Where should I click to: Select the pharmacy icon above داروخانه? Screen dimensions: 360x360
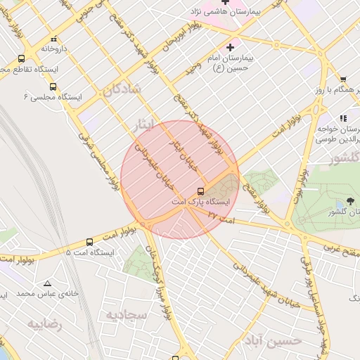[x=55, y=39]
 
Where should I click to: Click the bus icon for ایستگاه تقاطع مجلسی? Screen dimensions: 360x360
[x=21, y=60]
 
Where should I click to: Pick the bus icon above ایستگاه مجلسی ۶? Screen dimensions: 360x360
[x=53, y=87]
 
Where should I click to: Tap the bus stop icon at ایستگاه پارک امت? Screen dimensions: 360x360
[x=201, y=191]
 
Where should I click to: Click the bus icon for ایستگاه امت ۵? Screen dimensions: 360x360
[x=89, y=242]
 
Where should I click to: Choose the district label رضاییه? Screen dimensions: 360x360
[x=45, y=324]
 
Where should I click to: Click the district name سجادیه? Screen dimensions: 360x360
[x=126, y=315]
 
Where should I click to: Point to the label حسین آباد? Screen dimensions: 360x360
[x=273, y=340]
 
